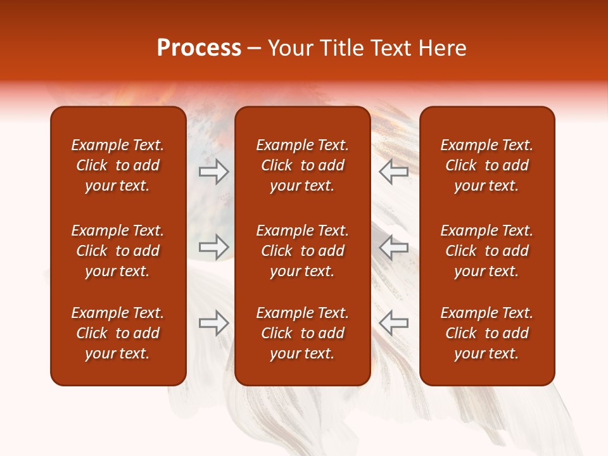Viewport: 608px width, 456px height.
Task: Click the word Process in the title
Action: click(199, 48)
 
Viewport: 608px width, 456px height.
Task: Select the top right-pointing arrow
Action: click(214, 171)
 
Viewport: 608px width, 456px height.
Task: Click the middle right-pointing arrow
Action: click(214, 247)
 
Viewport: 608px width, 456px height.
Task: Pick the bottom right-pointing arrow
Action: click(214, 323)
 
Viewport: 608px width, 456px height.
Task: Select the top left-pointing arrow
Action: click(393, 171)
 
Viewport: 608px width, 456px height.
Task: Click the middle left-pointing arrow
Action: click(393, 247)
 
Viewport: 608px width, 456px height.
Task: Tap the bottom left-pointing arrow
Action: click(393, 323)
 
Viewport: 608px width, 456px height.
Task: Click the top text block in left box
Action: click(118, 165)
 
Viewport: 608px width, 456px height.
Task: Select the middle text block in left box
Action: click(118, 251)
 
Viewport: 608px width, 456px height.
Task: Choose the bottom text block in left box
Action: click(118, 333)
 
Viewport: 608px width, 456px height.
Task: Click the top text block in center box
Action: click(302, 165)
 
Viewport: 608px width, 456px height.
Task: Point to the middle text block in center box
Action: click(302, 251)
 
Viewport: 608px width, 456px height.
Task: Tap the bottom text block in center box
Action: click(302, 333)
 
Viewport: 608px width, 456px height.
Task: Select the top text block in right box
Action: click(486, 165)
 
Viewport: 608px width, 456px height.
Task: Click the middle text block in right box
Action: click(486, 251)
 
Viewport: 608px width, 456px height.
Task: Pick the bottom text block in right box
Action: click(486, 333)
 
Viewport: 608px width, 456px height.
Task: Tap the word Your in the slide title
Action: click(289, 48)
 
